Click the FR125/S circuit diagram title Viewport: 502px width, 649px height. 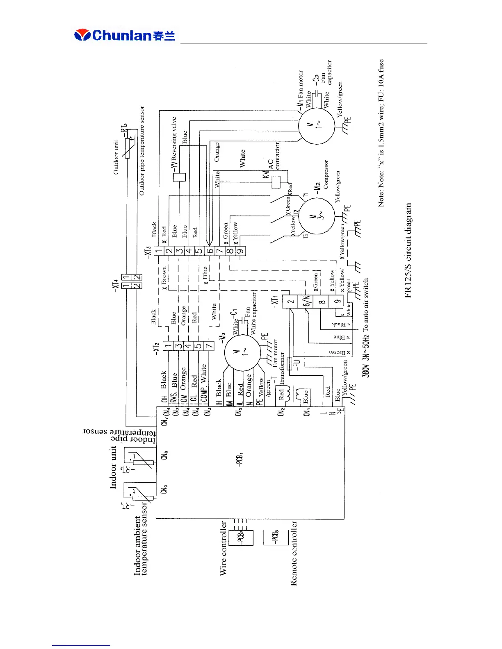tap(408, 250)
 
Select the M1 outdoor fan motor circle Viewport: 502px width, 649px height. tap(316, 125)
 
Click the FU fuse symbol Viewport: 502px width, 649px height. tap(290, 364)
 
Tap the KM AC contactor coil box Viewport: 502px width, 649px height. tap(276, 182)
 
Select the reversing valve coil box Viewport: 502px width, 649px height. tap(179, 177)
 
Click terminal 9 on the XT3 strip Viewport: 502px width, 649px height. tap(240, 251)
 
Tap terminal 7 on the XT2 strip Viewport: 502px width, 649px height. tap(209, 346)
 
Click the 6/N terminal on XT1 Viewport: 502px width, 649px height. tap(306, 301)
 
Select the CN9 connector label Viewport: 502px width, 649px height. tap(164, 489)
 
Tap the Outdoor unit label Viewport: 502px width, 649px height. tap(116, 157)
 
